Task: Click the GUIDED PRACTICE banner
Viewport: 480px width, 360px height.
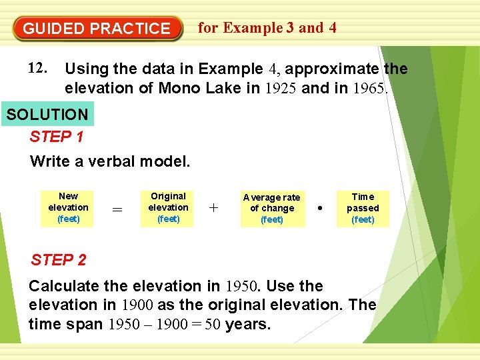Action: click(97, 29)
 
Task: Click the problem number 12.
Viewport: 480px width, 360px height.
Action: click(37, 69)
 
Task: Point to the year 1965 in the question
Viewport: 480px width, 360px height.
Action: click(369, 88)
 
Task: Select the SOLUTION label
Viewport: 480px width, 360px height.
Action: click(47, 114)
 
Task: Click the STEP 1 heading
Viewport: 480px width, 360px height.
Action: click(57, 137)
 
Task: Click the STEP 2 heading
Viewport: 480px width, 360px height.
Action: click(58, 260)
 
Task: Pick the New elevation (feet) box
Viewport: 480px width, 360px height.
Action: click(68, 207)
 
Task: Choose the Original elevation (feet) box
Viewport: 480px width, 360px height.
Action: click(168, 207)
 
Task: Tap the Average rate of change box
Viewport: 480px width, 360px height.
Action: click(271, 208)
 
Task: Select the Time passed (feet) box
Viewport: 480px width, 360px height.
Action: click(363, 208)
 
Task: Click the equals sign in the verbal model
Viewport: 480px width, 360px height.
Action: click(117, 209)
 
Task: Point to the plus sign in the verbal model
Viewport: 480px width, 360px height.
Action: click(213, 208)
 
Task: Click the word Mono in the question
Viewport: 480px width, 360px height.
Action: click(179, 88)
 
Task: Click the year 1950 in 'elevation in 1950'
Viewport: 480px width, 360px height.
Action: click(243, 287)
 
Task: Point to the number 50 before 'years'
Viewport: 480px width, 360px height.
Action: click(213, 325)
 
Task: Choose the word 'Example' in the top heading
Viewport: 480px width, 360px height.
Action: click(252, 28)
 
